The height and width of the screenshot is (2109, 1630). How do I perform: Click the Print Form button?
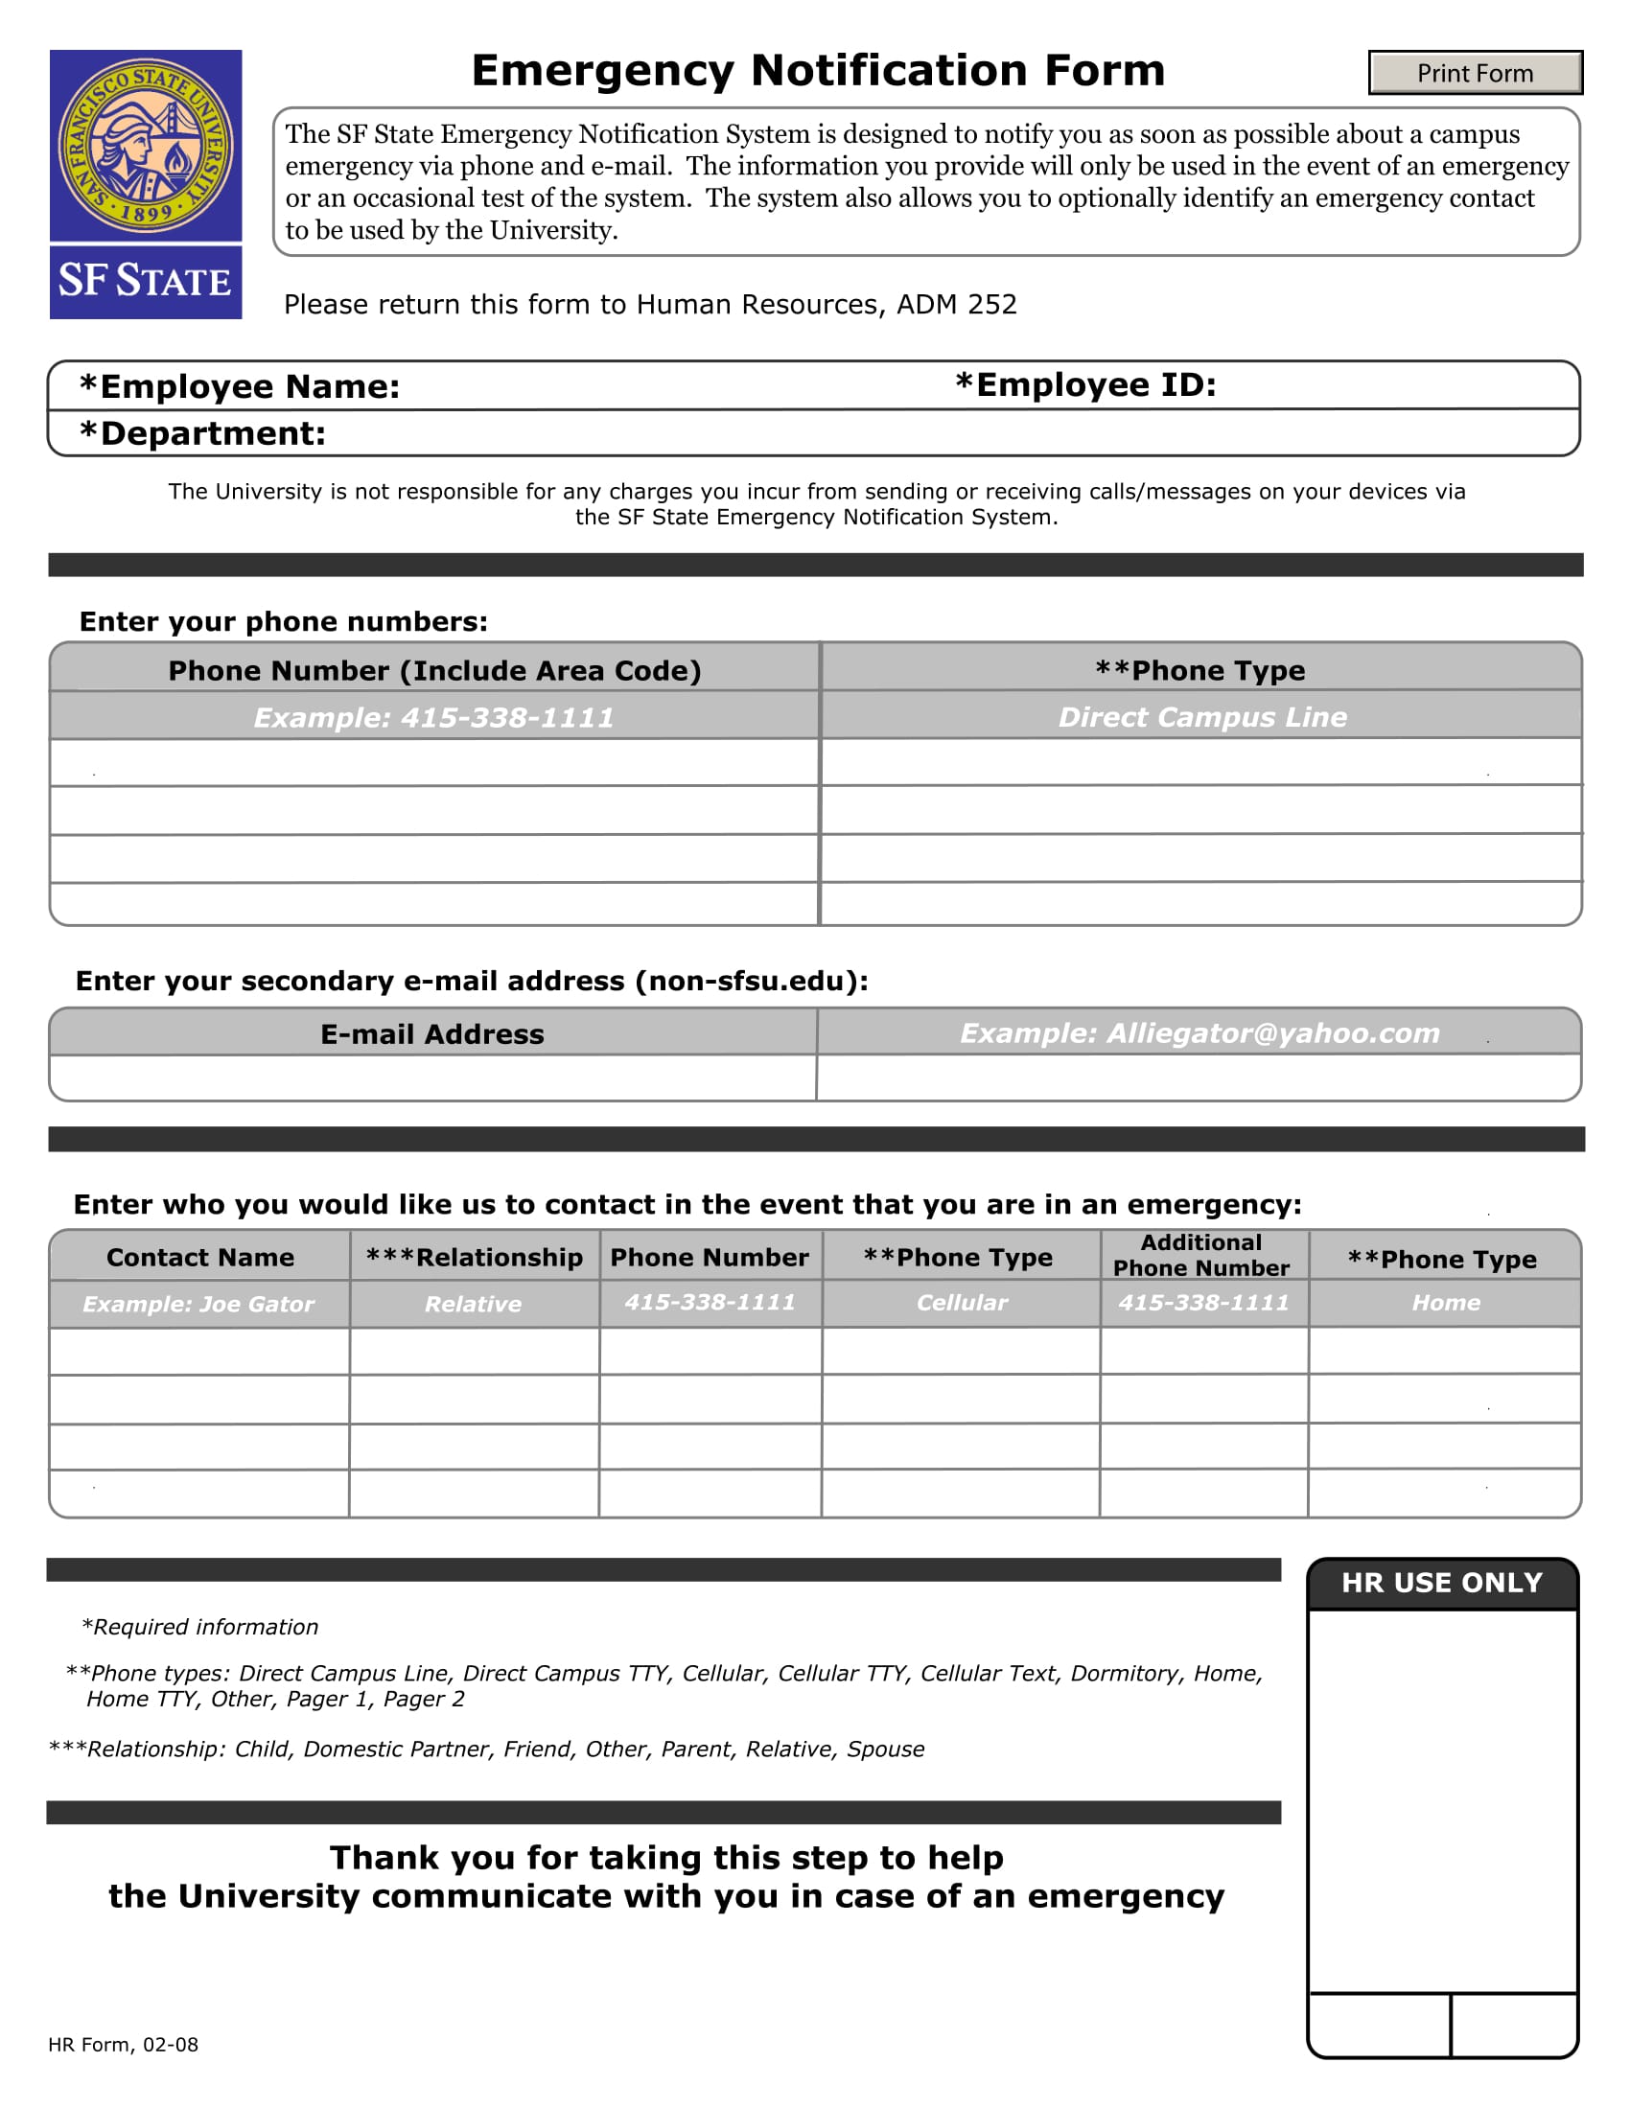click(1475, 74)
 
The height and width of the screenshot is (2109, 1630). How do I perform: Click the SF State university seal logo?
click(146, 146)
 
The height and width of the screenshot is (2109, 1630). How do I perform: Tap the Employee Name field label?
click(240, 387)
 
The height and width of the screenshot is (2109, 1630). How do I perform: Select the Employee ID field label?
click(1085, 385)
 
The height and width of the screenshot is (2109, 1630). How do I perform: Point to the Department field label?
click(202, 433)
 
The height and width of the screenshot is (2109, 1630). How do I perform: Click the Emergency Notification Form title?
click(818, 71)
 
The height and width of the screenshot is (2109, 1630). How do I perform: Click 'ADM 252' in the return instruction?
click(956, 304)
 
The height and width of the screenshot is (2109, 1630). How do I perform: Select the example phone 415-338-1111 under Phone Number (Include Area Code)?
click(433, 717)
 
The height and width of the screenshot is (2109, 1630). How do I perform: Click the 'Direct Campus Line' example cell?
click(1201, 716)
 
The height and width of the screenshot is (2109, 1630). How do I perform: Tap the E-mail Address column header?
click(431, 1034)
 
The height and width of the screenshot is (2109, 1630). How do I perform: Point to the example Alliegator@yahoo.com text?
click(1199, 1033)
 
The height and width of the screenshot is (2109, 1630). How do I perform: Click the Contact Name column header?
click(199, 1258)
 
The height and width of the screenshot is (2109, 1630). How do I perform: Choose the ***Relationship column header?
click(474, 1258)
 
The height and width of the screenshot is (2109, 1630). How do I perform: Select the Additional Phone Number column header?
click(1200, 1256)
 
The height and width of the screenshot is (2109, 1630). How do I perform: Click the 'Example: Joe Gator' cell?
click(198, 1304)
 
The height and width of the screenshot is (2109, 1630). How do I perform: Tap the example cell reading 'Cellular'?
click(961, 1303)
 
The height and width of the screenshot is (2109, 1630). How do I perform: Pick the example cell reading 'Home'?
click(1445, 1303)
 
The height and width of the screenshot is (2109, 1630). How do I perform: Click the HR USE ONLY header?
click(1441, 1583)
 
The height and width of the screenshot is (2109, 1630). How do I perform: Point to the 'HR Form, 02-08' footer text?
click(124, 2045)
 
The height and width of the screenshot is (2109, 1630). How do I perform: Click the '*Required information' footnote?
click(199, 1627)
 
